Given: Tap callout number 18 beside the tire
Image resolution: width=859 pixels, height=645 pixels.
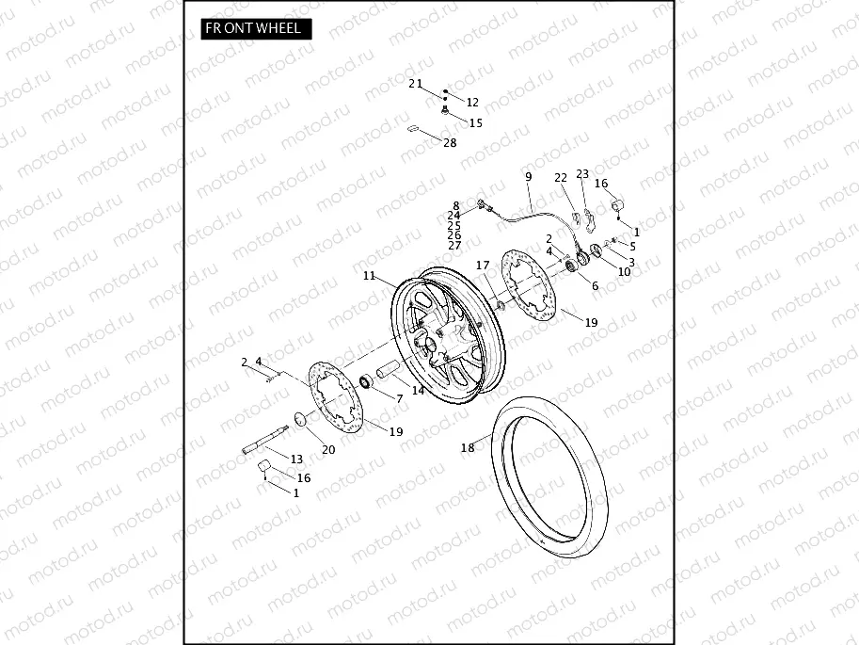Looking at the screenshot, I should click(x=468, y=449).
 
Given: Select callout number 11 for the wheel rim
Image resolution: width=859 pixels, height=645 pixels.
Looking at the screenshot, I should click(x=369, y=276).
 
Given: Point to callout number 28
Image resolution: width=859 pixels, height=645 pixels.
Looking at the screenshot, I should click(x=449, y=143).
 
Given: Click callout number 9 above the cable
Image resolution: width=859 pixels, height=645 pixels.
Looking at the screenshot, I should click(x=528, y=177).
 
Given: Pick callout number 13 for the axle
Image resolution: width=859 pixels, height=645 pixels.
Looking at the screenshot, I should click(x=296, y=460).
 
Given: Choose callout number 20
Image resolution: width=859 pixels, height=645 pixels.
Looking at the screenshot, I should click(x=328, y=449).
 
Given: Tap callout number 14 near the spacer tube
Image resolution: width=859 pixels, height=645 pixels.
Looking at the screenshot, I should click(x=418, y=390).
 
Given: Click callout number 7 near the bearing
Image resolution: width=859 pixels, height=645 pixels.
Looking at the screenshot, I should click(x=399, y=399).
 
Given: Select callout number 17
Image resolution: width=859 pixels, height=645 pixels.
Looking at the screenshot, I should click(x=483, y=266).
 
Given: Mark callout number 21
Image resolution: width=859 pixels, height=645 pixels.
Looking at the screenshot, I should click(x=416, y=83).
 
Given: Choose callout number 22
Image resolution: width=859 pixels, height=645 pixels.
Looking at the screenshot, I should click(x=561, y=177).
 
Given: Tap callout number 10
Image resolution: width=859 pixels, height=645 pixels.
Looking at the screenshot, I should click(x=625, y=272).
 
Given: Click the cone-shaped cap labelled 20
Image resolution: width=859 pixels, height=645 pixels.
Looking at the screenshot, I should click(x=300, y=419).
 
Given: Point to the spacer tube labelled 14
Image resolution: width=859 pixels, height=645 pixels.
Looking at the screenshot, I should click(x=386, y=373).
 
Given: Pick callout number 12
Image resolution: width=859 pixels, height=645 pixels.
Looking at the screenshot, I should click(x=472, y=103).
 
